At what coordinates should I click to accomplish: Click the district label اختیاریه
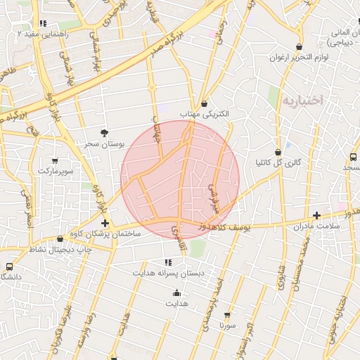coord(302,100)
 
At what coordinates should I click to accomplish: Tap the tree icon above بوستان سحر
coord(105,132)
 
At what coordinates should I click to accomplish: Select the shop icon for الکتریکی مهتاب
coord(204,103)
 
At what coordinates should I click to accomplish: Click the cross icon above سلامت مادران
coord(316,215)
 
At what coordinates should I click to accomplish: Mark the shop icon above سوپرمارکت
coord(56,160)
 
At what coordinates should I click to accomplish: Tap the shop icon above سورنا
coord(226,316)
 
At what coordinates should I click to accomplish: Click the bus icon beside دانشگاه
coord(9,267)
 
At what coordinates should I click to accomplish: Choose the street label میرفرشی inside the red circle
coord(213,199)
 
